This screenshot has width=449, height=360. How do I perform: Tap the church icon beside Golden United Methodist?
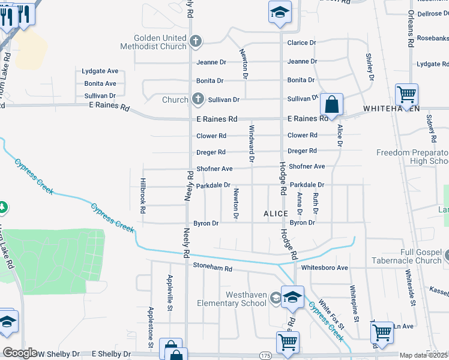click(195, 41)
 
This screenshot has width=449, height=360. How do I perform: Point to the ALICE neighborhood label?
click(276, 214)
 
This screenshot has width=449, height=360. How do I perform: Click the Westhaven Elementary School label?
click(232, 299)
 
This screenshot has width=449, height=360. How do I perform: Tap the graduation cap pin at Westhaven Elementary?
click(292, 297)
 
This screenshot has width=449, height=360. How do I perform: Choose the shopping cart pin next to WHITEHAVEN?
click(406, 95)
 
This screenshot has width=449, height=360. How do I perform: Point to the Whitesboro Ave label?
click(324, 268)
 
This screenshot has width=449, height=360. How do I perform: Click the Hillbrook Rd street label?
click(143, 195)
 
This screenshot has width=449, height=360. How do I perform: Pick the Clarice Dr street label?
click(301, 43)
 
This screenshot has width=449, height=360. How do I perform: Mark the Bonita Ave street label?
click(100, 83)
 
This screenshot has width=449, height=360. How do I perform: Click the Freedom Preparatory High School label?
click(412, 157)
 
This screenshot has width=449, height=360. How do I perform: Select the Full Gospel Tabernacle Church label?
click(403, 256)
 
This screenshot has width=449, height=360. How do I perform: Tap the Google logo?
click(20, 353)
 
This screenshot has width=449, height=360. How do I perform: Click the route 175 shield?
click(266, 356)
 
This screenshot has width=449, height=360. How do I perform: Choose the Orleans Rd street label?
click(411, 28)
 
